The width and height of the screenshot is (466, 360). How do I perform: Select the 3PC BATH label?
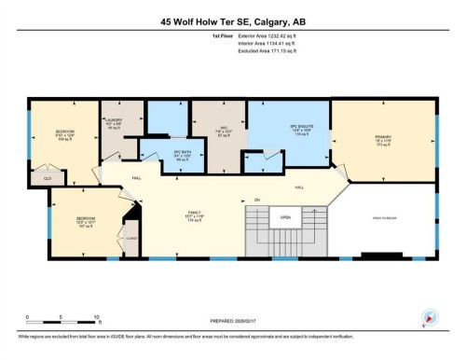[157, 156]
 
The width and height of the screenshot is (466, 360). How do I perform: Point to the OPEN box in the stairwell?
[285, 218]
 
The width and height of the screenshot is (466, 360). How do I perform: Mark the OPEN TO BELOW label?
[384, 216]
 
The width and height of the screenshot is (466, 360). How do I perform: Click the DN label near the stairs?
[256, 200]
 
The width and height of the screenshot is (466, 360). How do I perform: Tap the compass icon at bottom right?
[430, 316]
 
